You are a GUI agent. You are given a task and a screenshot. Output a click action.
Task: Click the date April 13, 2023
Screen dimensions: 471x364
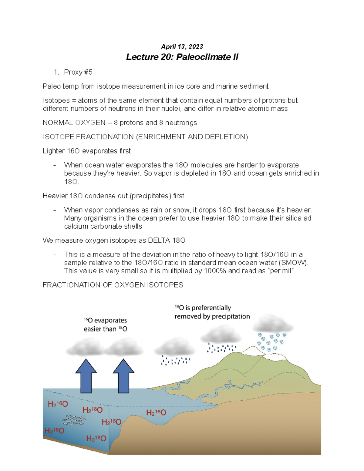click(182, 46)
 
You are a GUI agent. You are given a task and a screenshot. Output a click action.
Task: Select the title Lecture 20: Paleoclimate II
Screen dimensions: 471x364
click(182, 57)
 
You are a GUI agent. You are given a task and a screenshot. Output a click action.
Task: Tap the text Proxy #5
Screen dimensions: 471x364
click(78, 72)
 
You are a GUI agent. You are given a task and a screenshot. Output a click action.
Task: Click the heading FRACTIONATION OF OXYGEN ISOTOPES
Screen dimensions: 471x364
click(113, 285)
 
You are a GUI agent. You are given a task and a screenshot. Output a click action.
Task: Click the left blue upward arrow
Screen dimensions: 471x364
click(86, 376)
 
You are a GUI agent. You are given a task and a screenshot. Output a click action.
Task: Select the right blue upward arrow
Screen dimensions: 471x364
click(123, 376)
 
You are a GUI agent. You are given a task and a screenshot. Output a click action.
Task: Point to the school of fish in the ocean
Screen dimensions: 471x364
click(74, 420)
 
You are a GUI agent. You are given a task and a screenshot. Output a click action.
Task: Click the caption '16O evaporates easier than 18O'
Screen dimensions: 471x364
click(105, 325)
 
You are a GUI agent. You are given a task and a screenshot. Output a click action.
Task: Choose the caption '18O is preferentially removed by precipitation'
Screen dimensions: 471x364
click(212, 312)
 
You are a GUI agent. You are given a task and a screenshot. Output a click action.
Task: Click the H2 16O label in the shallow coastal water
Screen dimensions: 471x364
click(156, 412)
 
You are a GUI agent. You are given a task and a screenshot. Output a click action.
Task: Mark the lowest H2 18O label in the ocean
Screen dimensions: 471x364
click(96, 438)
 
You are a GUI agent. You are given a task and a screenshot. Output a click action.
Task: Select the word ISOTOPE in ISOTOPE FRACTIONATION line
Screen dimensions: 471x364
click(59, 137)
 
